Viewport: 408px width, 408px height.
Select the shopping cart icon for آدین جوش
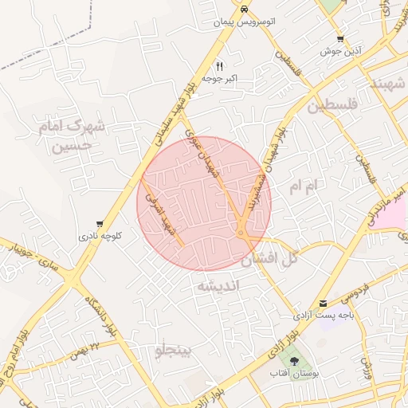(x=340, y=38)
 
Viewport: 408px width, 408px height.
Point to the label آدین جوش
(x=341, y=51)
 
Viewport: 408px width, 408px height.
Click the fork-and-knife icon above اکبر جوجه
(x=220, y=66)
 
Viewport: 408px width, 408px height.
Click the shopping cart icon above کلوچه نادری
(x=99, y=224)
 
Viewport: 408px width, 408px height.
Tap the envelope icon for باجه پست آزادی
(x=323, y=304)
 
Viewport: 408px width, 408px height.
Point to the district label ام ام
(x=304, y=186)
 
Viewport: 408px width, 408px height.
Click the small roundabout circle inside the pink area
(x=240, y=233)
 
